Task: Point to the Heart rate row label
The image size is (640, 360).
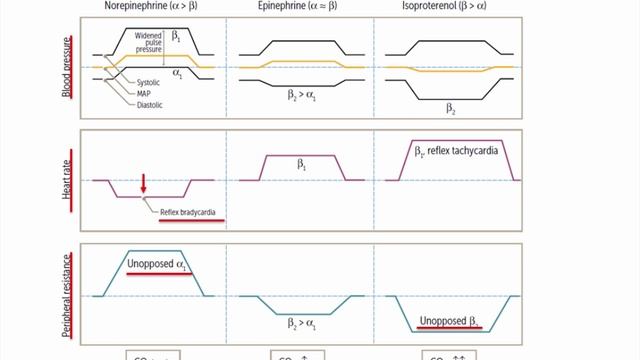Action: [67, 180]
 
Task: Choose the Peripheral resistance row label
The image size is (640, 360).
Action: [67, 294]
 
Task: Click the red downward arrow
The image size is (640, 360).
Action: [144, 181]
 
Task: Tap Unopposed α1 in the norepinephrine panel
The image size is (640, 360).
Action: [157, 264]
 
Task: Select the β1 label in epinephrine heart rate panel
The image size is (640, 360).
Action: [299, 160]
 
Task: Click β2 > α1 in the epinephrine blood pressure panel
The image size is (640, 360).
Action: [300, 102]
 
